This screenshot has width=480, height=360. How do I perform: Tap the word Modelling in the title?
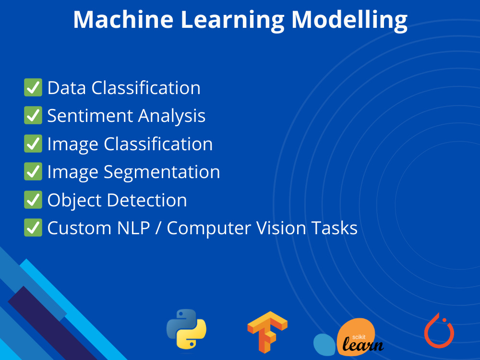pos(349,19)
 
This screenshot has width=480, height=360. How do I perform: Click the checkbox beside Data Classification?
pos(33,88)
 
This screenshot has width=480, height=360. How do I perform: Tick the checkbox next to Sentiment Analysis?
pos(33,116)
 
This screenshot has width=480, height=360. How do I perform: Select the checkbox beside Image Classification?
pos(33,144)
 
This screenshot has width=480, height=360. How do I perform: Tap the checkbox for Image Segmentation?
pos(33,172)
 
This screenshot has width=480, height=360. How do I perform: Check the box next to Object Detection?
pos(33,200)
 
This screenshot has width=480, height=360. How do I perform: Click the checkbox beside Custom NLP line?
pos(33,228)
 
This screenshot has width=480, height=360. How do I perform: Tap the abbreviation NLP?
pos(134,228)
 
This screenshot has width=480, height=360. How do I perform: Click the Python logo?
pos(186,329)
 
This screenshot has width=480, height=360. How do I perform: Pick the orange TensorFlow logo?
pos(267,331)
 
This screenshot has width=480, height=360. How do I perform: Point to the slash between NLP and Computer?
pos(158,228)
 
